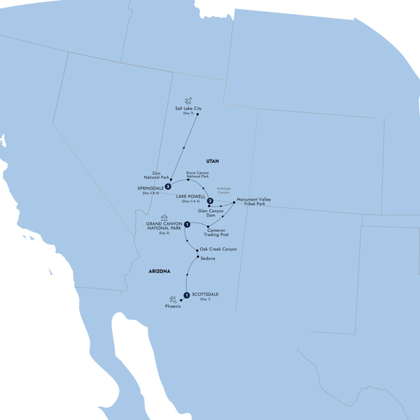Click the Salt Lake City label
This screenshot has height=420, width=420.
pyautogui.click(x=188, y=108)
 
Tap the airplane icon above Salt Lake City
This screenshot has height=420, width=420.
pyautogui.click(x=188, y=100)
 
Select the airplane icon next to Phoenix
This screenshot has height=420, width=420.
pyautogui.click(x=172, y=300)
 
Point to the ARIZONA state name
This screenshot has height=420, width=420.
pyautogui.click(x=159, y=272)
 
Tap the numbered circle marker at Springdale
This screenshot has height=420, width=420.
pyautogui.click(x=168, y=186)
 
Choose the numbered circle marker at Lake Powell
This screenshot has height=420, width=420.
pyautogui.click(x=210, y=202)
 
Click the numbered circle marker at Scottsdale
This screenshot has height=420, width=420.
pyautogui.click(x=186, y=295)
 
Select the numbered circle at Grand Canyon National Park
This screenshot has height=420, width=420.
pyautogui.click(x=187, y=224)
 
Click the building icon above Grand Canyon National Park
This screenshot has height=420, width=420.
pyautogui.click(x=164, y=217)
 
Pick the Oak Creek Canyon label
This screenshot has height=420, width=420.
pyautogui.click(x=219, y=249)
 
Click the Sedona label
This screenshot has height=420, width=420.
pyautogui.click(x=208, y=259)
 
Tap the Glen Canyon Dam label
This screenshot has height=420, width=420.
pyautogui.click(x=212, y=213)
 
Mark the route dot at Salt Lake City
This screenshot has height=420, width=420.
pyautogui.click(x=198, y=115)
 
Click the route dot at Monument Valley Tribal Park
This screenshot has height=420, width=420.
pyautogui.click(x=234, y=202)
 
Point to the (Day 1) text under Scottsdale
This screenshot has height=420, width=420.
pyautogui.click(x=204, y=300)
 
